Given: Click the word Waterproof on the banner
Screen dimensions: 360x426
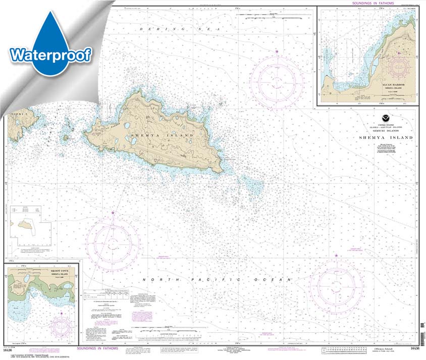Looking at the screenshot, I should tap(49, 54).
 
